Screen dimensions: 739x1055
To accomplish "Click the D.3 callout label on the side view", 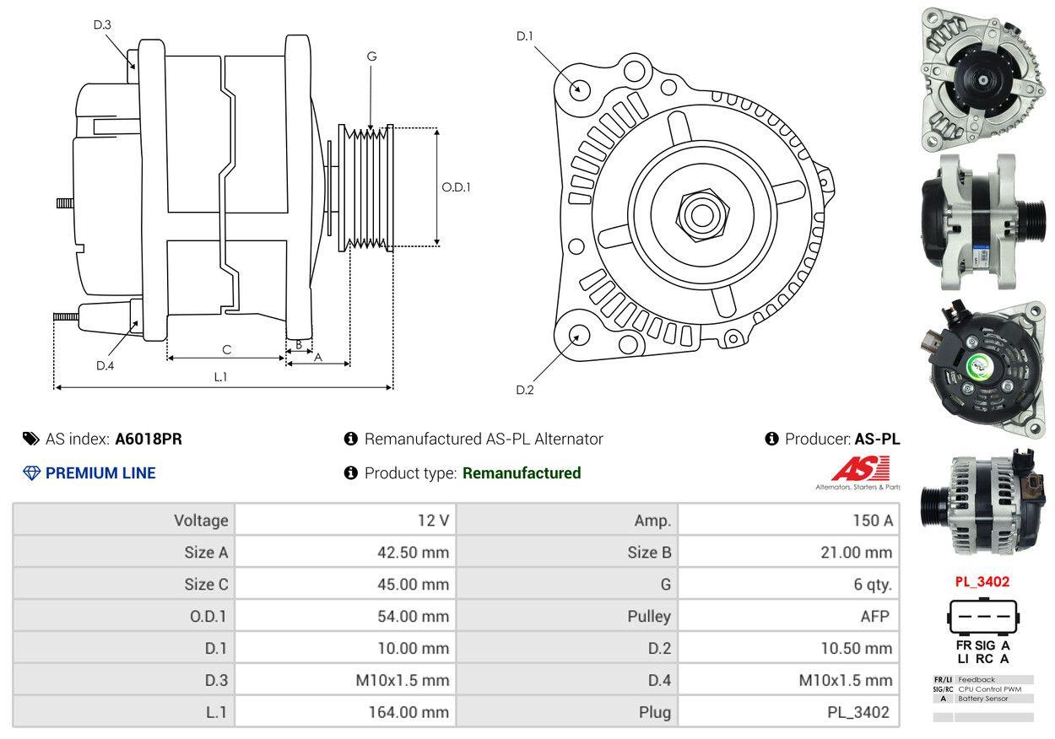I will [102, 24].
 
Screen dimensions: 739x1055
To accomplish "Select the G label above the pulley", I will [371, 57].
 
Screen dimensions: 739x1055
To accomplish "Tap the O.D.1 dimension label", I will [456, 187].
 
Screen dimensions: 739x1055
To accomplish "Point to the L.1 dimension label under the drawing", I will [220, 376].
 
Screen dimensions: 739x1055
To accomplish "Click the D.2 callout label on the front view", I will [525, 390].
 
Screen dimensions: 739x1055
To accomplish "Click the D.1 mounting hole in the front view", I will [579, 89].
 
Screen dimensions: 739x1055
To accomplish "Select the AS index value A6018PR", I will [149, 439].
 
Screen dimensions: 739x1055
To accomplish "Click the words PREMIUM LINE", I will [100, 473].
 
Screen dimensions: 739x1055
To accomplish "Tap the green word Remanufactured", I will [522, 473].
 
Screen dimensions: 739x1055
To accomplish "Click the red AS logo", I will [860, 468].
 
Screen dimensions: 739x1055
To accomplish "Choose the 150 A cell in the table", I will [873, 521].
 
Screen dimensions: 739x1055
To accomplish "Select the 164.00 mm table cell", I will [408, 712].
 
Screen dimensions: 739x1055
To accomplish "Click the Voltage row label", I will [201, 521].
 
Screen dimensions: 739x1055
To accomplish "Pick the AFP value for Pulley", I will [874, 616].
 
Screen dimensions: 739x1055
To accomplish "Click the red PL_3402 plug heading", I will [982, 581].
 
